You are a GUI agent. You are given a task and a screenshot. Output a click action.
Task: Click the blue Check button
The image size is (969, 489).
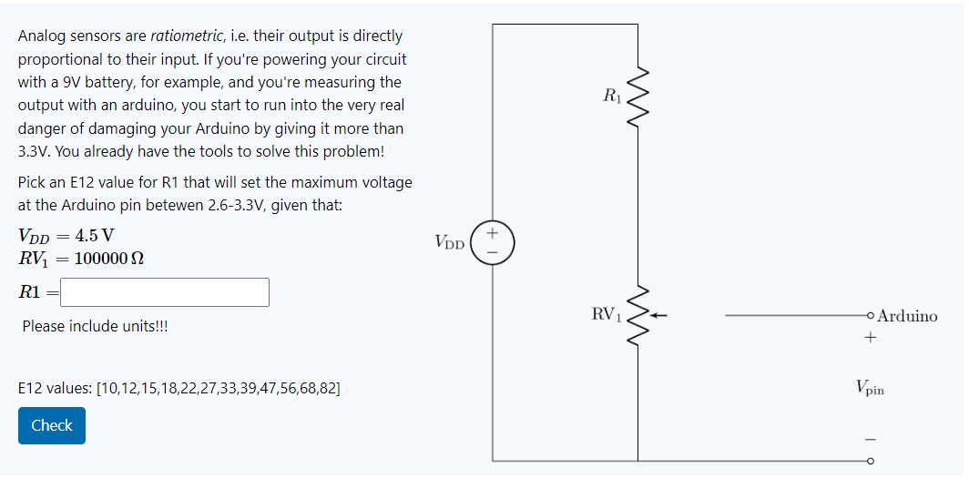pos(52,425)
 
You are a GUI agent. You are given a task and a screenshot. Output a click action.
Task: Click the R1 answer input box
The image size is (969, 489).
pos(165,292)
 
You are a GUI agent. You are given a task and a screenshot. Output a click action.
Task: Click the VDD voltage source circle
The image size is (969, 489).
pos(493,242)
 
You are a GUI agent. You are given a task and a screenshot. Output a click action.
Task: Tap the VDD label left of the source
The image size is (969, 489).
pos(450,243)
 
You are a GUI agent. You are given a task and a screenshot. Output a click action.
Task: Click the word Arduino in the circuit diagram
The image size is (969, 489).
pos(907,316)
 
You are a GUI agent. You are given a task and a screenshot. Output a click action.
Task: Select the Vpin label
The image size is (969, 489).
pos(870,388)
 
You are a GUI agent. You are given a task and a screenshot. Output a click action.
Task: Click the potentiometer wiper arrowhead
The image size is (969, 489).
pos(655,316)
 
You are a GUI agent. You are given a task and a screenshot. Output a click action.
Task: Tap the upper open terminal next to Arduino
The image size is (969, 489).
pos(871,316)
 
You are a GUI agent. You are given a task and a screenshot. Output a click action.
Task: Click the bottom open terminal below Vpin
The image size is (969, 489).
pos(871,462)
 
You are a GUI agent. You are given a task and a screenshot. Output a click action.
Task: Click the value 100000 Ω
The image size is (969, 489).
pos(108,258)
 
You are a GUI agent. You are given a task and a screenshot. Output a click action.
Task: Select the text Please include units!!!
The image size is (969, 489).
pos(94,326)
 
